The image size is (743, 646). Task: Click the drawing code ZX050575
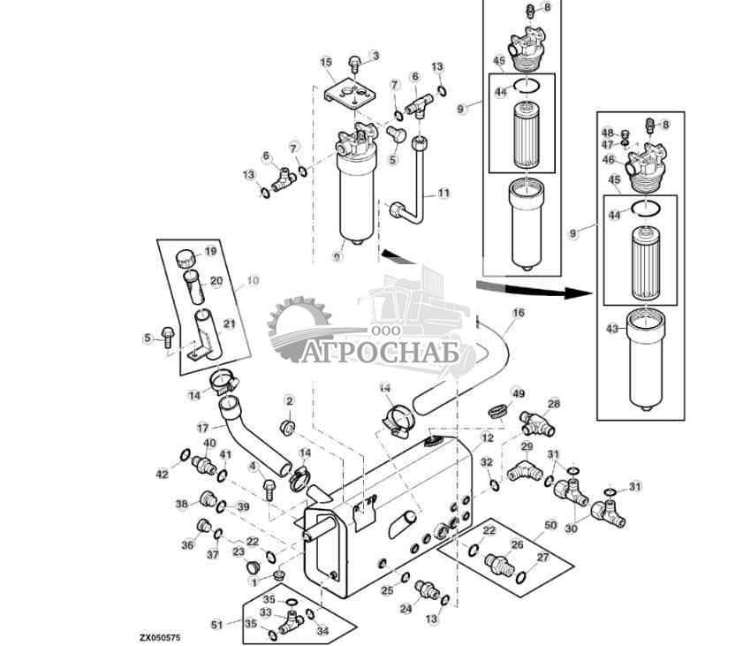(x=159, y=635)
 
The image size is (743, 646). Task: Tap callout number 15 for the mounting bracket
(x=326, y=62)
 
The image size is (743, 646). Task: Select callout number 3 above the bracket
(x=375, y=56)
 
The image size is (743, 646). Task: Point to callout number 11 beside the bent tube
(x=444, y=192)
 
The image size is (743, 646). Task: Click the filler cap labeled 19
(x=185, y=256)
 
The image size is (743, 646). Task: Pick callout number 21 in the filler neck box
(x=229, y=324)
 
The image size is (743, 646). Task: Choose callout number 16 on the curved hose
(x=518, y=313)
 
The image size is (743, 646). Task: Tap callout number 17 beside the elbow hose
(x=203, y=427)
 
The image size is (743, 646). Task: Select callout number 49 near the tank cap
(x=519, y=393)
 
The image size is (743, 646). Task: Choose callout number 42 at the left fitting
(x=162, y=475)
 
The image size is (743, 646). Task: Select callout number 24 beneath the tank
(x=405, y=609)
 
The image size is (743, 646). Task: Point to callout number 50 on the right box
(x=550, y=526)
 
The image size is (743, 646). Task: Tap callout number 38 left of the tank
(x=181, y=504)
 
